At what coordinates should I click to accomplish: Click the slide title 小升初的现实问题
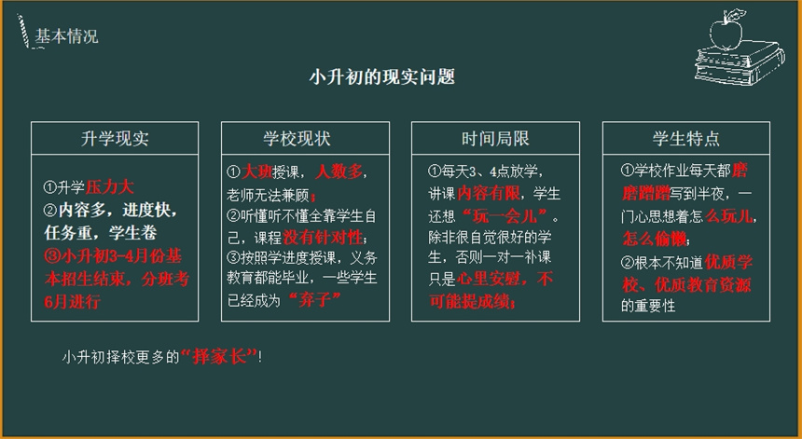coord(382,77)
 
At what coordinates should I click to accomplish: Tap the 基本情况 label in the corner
coord(66,36)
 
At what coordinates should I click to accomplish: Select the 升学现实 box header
coord(115,139)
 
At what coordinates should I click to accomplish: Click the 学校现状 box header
coord(297,139)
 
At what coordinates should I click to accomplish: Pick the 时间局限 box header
coord(495,139)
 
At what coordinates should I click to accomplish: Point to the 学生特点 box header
coord(685,139)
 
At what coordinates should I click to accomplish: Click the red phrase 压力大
coord(109,187)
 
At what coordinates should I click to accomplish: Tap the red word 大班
coord(256,172)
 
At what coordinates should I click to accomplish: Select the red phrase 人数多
coord(339,172)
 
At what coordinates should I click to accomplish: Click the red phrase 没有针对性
coord(323,238)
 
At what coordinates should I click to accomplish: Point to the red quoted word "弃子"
coord(314,299)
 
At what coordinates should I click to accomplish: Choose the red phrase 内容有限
coord(489,194)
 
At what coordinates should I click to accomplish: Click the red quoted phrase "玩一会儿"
coord(503,216)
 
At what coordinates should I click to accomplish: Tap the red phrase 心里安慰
coord(488,279)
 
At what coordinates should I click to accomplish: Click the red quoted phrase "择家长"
coord(219,357)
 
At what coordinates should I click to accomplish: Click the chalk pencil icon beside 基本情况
coord(23,31)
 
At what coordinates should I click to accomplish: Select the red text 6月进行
coord(72,302)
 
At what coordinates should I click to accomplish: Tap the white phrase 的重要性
coord(648,306)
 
